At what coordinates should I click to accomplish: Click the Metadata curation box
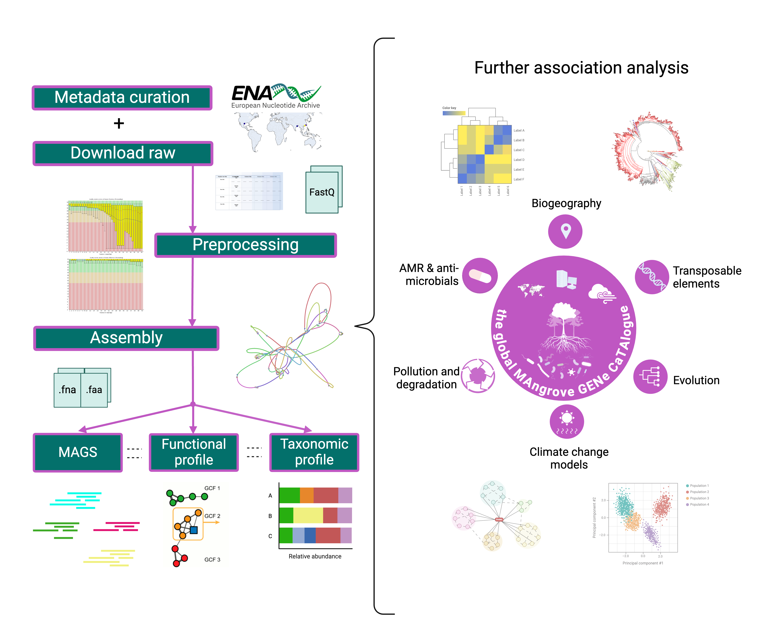tap(122, 98)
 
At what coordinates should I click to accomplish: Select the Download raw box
tap(123, 153)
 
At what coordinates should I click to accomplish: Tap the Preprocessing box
tap(245, 245)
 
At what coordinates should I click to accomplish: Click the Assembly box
tap(126, 338)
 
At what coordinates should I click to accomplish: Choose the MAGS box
tap(78, 452)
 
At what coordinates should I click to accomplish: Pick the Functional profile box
tap(194, 452)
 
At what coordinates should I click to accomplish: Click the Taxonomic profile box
tap(314, 452)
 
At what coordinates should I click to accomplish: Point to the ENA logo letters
tap(251, 94)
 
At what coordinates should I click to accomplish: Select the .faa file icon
tap(94, 389)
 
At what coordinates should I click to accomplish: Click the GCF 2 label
tap(212, 516)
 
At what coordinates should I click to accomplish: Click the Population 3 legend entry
tap(699, 498)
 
